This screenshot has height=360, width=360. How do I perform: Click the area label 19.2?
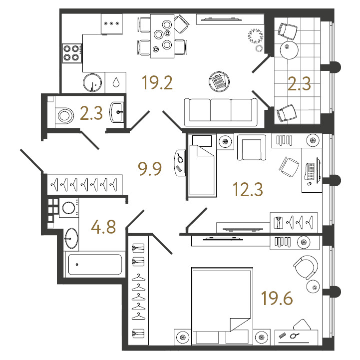pyautogui.click(x=157, y=82)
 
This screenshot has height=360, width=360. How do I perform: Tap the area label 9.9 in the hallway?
pyautogui.click(x=150, y=168)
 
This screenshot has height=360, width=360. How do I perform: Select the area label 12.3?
pyautogui.click(x=248, y=189)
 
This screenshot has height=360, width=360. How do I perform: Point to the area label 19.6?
pyautogui.click(x=277, y=298)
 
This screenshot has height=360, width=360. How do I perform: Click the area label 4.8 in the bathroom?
pyautogui.click(x=103, y=227)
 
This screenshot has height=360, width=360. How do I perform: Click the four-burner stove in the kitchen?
pyautogui.click(x=72, y=53)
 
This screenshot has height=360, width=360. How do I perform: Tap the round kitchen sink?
pyautogui.click(x=92, y=82)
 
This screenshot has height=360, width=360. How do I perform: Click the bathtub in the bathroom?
pyautogui.click(x=95, y=265)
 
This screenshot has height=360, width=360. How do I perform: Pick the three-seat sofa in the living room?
pyautogui.click(x=221, y=112)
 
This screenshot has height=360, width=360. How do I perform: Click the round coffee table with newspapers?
pyautogui.click(x=219, y=82)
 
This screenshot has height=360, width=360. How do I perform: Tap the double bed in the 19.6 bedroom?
pyautogui.click(x=222, y=306)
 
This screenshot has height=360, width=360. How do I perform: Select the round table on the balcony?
pyautogui.click(x=289, y=50)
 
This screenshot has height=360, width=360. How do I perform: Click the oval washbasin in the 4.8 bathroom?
pyautogui.click(x=71, y=238)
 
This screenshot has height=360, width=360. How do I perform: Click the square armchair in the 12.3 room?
pyautogui.click(x=252, y=147)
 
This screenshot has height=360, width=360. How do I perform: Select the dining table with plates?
pyautogui.click(x=162, y=36)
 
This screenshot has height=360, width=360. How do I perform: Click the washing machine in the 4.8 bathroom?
pyautogui.click(x=69, y=208)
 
